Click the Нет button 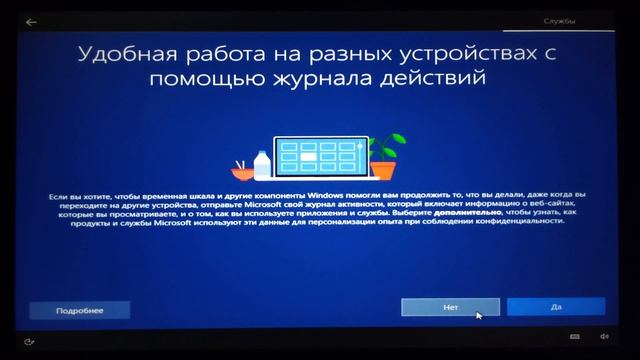point(450,307)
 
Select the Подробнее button point(79,310)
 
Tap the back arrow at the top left point(31,20)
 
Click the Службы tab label point(559,20)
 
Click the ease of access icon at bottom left point(30,338)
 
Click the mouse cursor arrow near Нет point(478,315)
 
